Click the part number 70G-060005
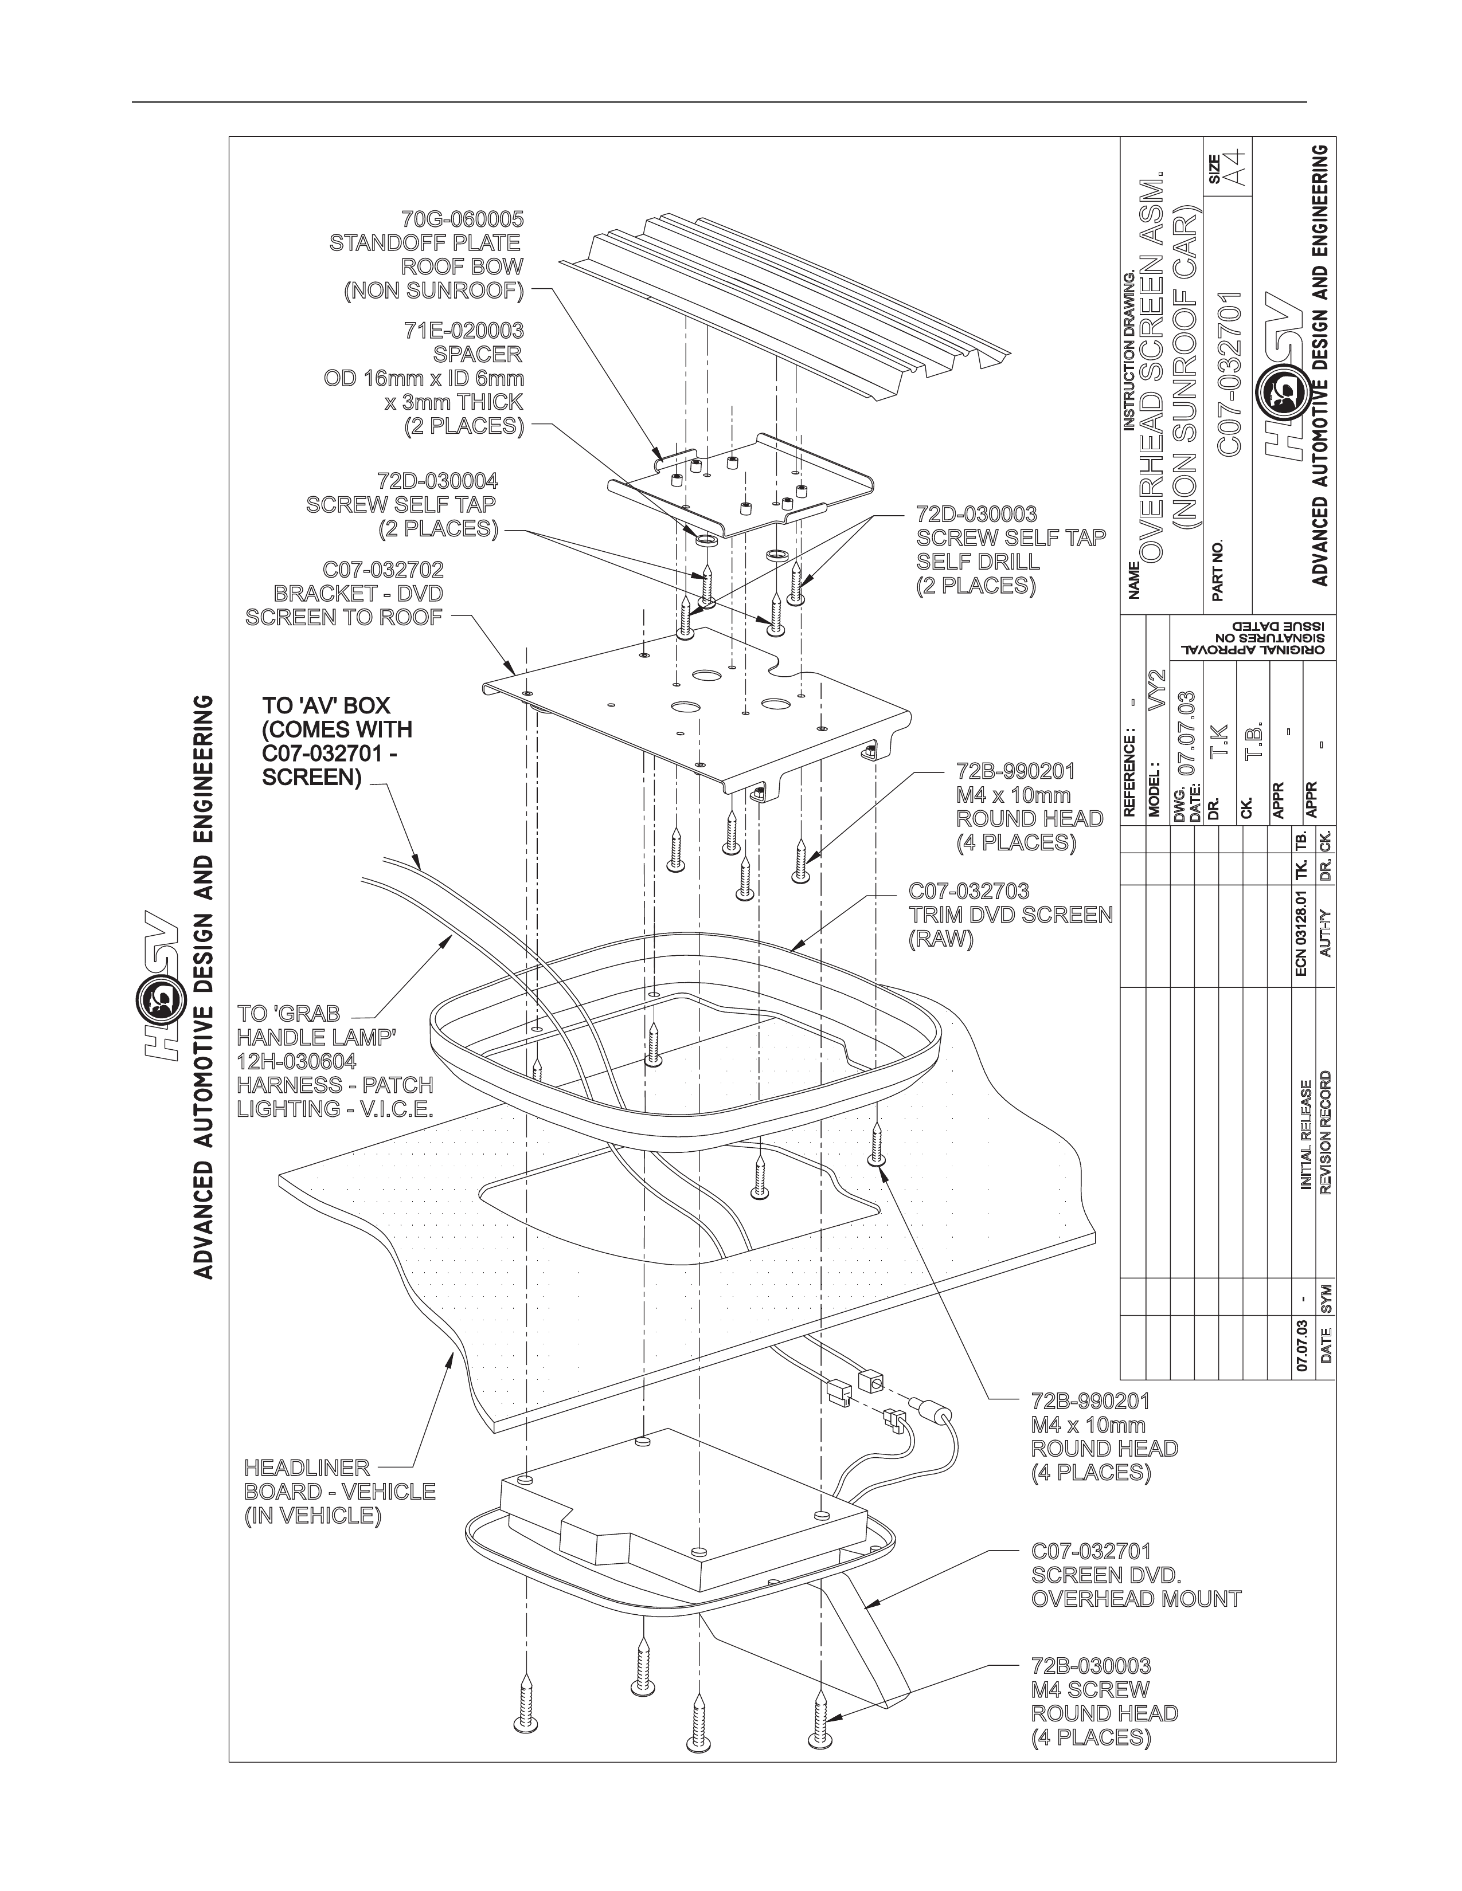(463, 219)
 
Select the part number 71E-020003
(463, 331)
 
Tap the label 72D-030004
(437, 481)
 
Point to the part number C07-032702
(383, 570)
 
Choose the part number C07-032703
(968, 891)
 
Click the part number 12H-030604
(296, 1061)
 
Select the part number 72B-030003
(1090, 1666)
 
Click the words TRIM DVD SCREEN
(1010, 915)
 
